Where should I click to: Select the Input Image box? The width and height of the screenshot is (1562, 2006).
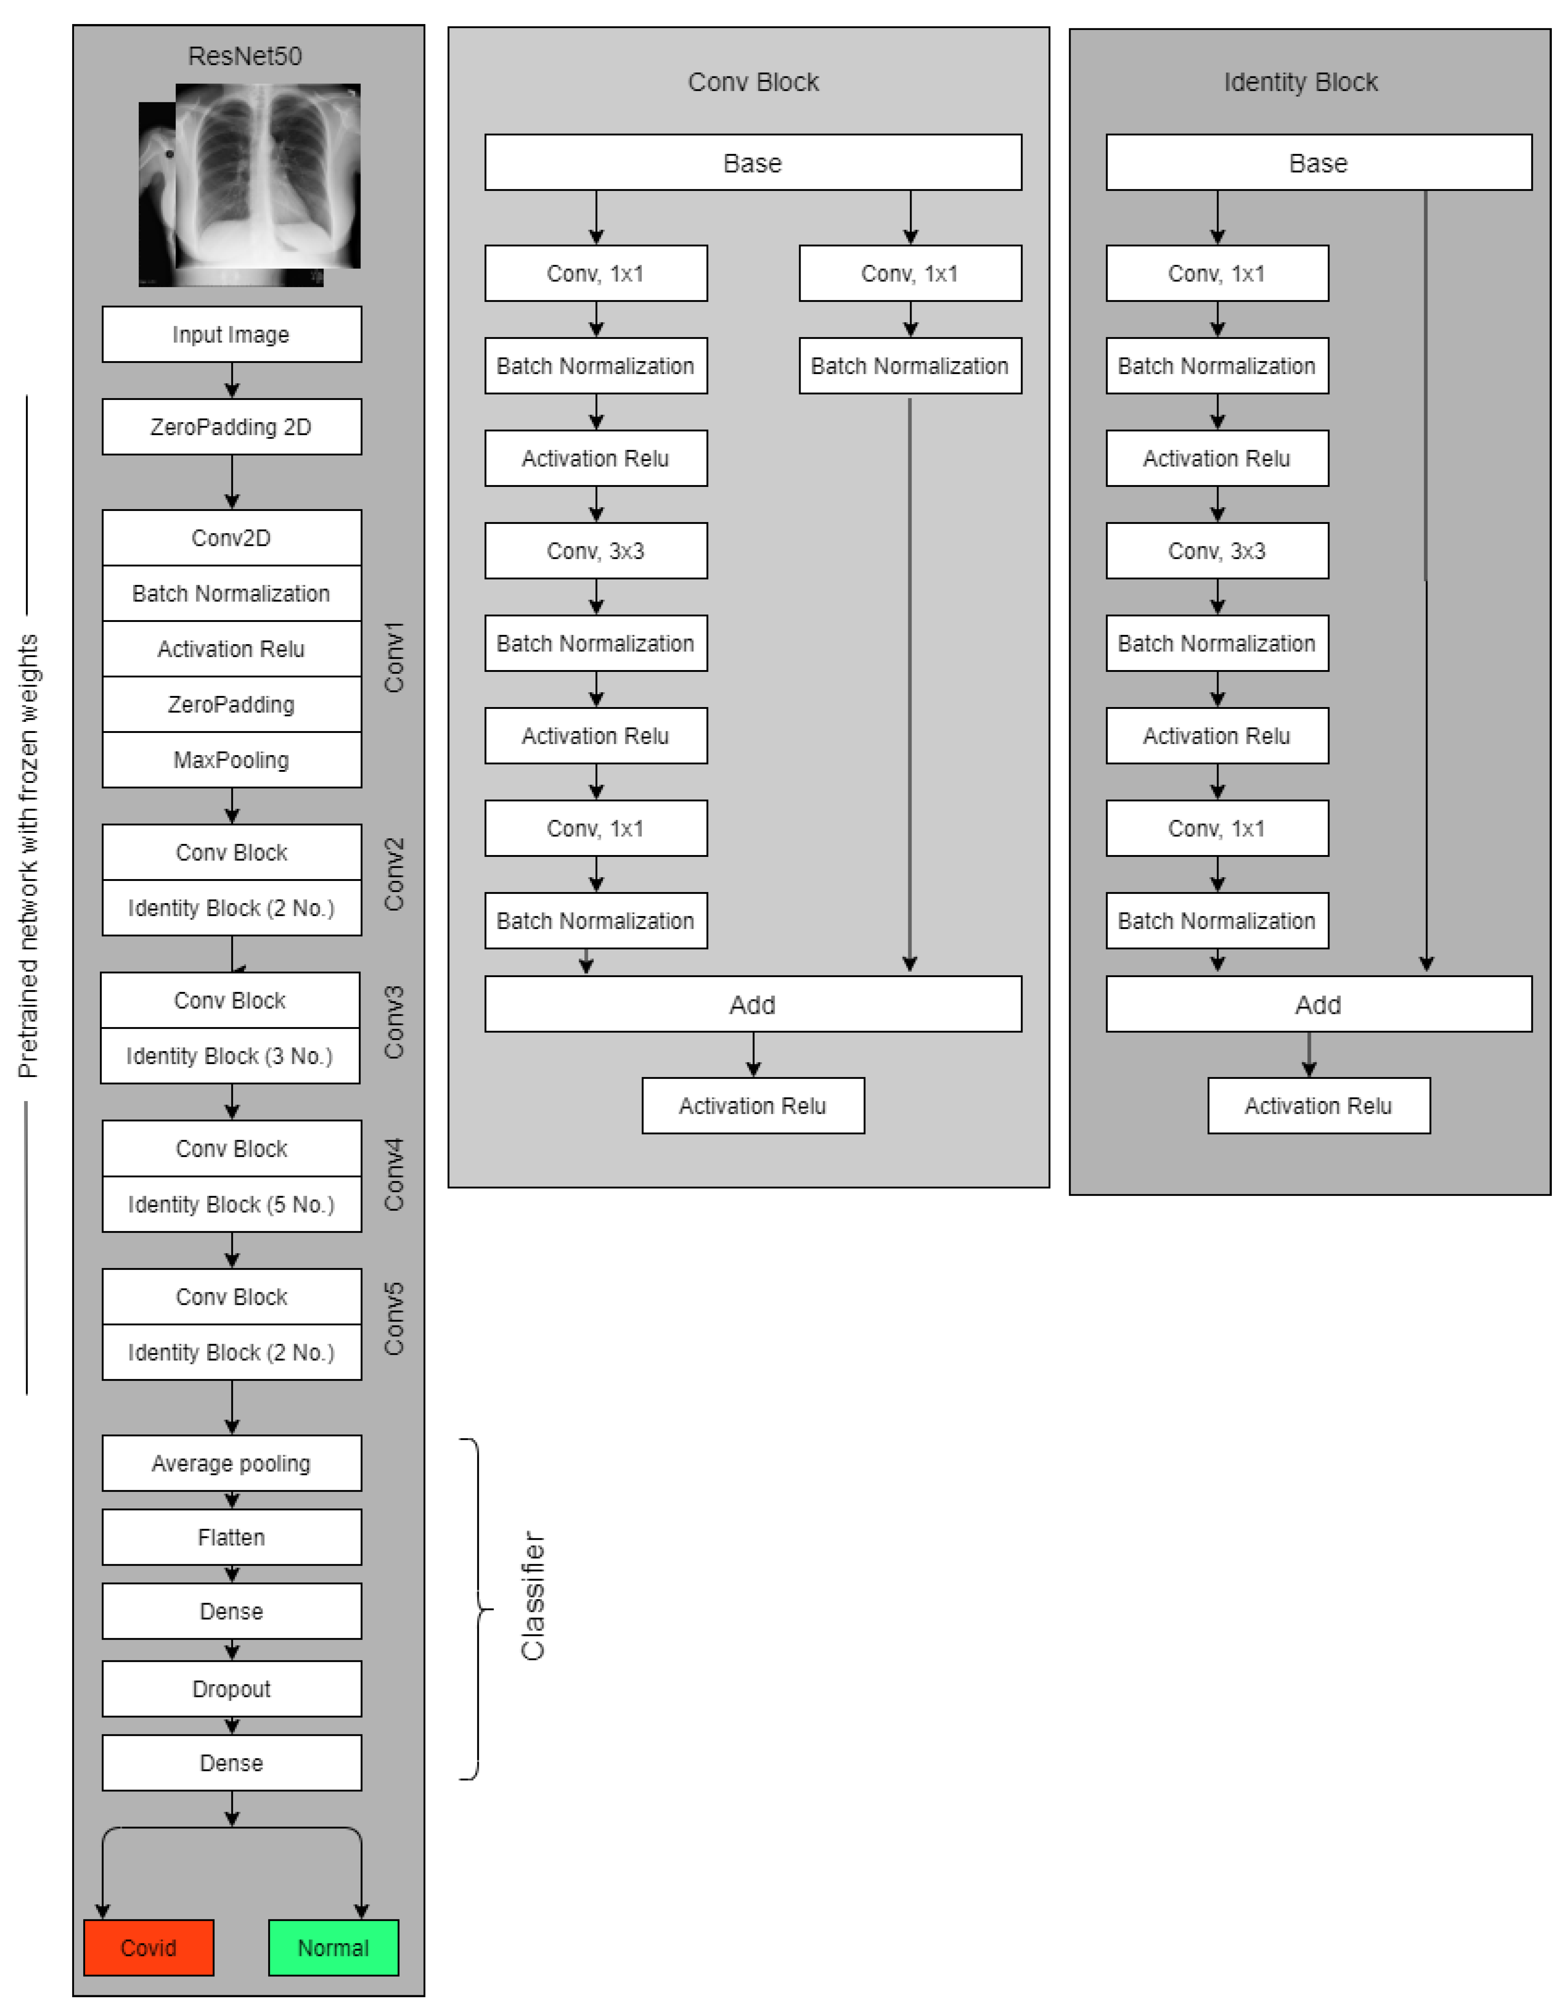[232, 334]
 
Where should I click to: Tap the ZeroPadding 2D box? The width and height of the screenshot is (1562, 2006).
[232, 427]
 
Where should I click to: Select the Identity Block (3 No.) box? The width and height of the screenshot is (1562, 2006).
[230, 1056]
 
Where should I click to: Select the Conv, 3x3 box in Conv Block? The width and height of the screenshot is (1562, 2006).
[596, 551]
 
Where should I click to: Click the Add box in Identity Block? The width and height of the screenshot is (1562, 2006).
[1319, 1005]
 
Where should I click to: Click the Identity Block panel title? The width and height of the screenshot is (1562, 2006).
[1300, 82]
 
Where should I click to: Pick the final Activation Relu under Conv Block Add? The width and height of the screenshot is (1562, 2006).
[753, 1106]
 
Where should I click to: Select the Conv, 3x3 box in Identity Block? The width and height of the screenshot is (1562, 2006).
[1217, 551]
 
